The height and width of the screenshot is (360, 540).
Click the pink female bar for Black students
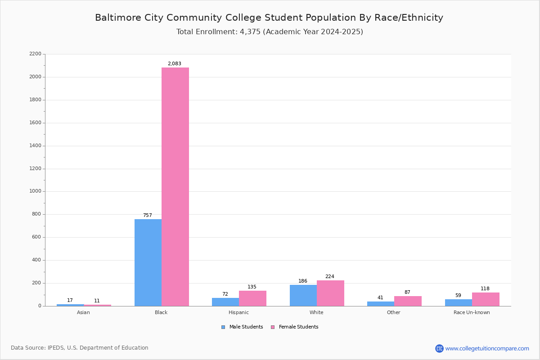pos(175,187)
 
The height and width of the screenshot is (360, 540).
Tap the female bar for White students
pos(330,293)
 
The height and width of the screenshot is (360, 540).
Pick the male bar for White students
pos(303,296)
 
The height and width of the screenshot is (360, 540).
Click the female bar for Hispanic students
pos(252,298)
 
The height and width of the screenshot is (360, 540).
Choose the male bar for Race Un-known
pos(459,302)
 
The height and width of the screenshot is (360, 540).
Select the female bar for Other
pos(408,301)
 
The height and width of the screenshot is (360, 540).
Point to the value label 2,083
pos(175,64)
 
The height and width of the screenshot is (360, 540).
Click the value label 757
pos(148,216)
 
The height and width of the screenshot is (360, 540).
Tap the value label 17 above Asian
pos(70,301)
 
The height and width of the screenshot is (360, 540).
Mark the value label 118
pos(485,289)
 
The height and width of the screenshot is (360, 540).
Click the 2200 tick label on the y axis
pos(35,54)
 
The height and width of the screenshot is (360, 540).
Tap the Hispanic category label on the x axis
pos(238,312)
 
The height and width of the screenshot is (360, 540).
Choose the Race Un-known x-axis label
pos(472,312)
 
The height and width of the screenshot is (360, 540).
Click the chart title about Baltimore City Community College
pos(269,18)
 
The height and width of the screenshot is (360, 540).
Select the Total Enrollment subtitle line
pos(270,32)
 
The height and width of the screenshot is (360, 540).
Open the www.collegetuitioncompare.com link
pos(487,348)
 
